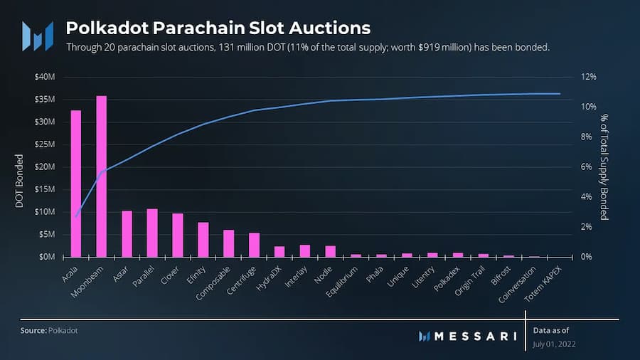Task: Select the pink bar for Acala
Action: [x=75, y=184]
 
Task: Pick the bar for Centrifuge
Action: [x=254, y=244]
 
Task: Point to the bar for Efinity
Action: [x=203, y=239]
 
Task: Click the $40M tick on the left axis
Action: [x=54, y=77]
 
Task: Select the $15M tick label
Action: [x=54, y=189]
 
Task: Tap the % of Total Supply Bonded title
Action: [x=604, y=166]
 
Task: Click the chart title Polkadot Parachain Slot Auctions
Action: [x=218, y=28]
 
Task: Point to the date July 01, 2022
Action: [x=555, y=345]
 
